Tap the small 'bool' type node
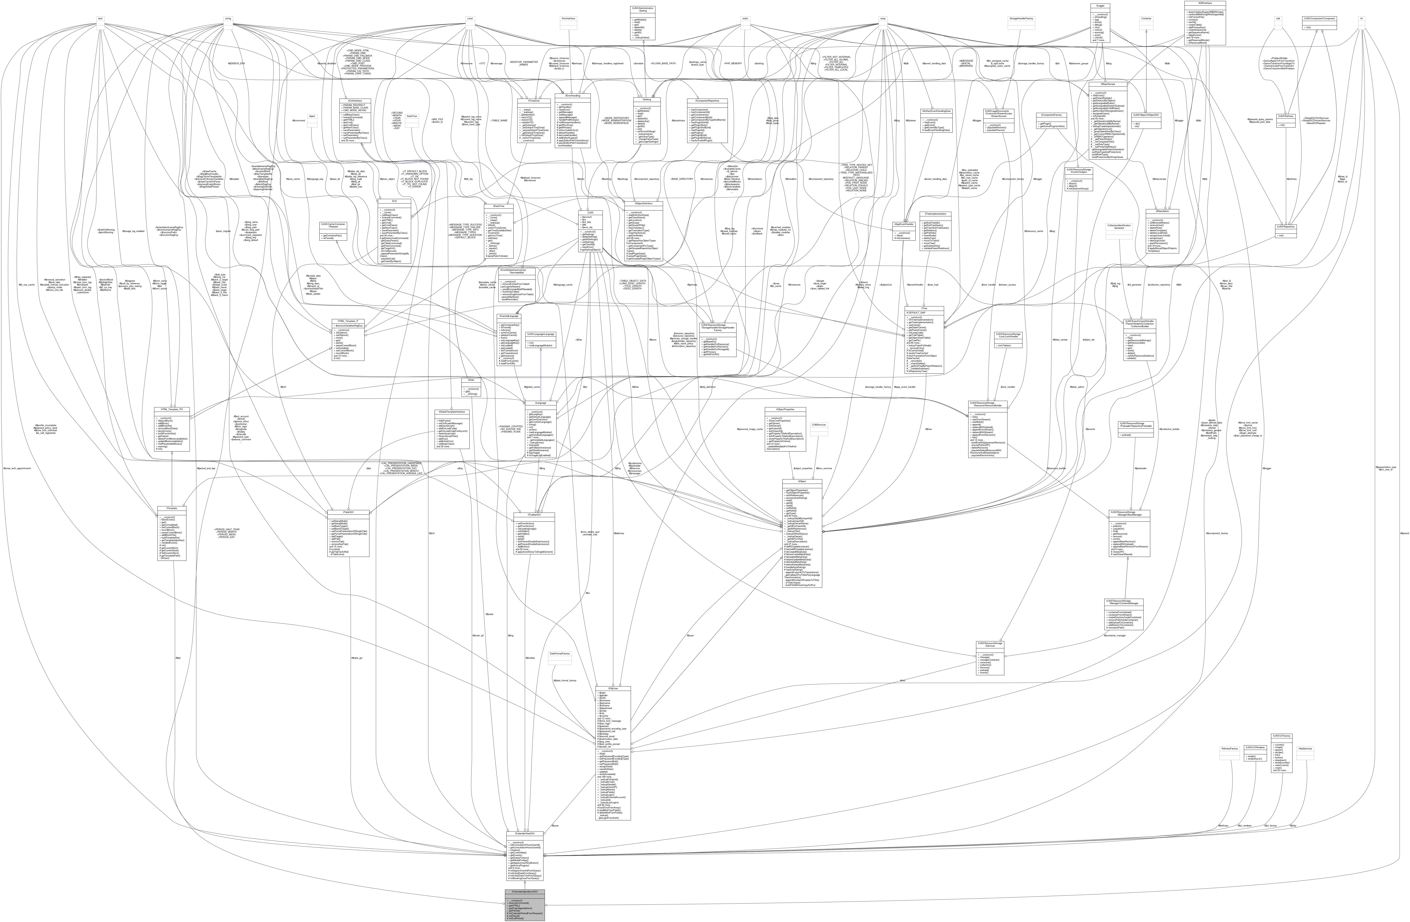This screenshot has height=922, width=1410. pos(101,18)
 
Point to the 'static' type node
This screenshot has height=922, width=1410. pos(745,18)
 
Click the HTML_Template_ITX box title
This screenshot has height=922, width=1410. pos(171,409)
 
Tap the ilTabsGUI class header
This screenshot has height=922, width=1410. pos(348,512)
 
